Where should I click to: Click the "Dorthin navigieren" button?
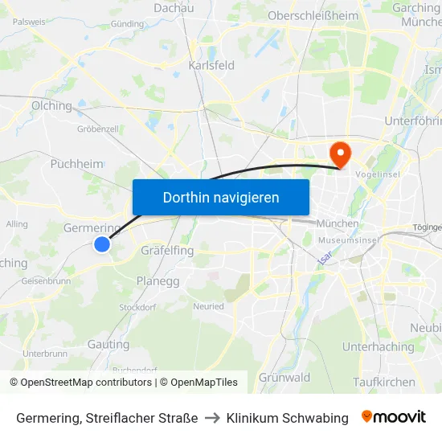(x=221, y=197)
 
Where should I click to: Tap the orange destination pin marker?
(x=340, y=153)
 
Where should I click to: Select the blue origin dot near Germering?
(x=102, y=244)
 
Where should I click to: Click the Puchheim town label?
(x=76, y=164)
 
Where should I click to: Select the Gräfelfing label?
(x=167, y=251)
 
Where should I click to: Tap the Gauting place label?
(x=108, y=345)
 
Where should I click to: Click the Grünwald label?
(x=284, y=378)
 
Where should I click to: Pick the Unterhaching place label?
(x=379, y=347)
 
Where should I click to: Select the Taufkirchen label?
(x=384, y=383)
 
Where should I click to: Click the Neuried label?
(x=208, y=306)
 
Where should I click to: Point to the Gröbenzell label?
(x=98, y=129)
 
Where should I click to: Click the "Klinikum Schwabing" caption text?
(x=288, y=418)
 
